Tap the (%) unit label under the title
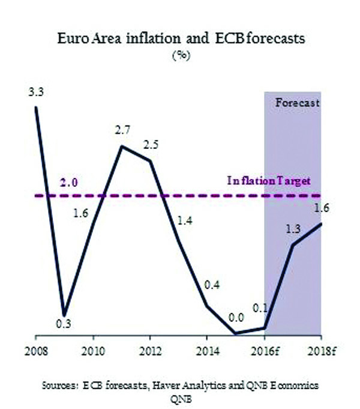coord(179,55)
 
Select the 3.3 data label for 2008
coord(35,93)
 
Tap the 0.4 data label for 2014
coord(211,285)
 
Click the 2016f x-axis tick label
coord(265,350)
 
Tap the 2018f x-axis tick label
coord(321,350)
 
